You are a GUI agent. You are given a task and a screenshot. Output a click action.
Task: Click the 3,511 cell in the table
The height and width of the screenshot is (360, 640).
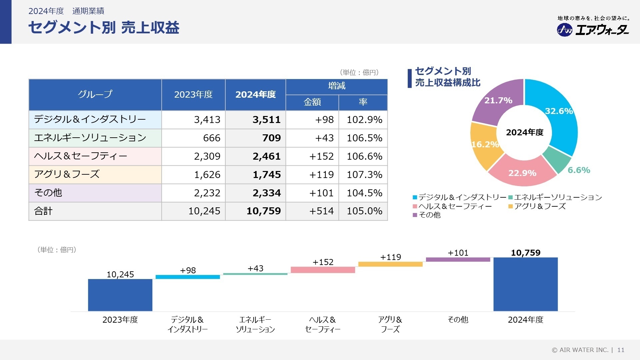coord(266,120)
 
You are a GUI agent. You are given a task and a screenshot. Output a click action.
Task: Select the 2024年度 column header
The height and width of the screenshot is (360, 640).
coord(255,95)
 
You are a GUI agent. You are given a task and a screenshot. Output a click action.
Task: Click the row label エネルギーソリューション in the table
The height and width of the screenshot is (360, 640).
coord(90,138)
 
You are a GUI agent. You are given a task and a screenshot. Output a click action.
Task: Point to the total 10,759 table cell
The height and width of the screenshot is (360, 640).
coord(263,211)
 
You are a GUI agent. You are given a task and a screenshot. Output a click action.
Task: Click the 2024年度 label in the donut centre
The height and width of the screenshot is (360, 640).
coord(525,132)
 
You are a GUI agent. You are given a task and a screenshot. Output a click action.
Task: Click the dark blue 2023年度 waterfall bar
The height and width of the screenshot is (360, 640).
coord(120,295)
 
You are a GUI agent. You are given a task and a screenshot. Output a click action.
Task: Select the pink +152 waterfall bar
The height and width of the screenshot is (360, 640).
coord(323,270)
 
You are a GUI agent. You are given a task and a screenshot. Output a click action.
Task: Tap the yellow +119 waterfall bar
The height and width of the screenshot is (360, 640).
coord(390,264)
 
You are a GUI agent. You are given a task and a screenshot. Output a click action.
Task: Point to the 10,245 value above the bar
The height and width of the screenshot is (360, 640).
coord(120,274)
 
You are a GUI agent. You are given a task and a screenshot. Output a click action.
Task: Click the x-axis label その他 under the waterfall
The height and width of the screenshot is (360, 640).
coord(458,320)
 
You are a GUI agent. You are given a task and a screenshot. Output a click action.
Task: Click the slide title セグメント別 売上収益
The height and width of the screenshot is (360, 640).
coord(104,27)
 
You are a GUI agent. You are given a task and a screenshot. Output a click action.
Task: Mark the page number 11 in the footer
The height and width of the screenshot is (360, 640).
coord(621,350)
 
